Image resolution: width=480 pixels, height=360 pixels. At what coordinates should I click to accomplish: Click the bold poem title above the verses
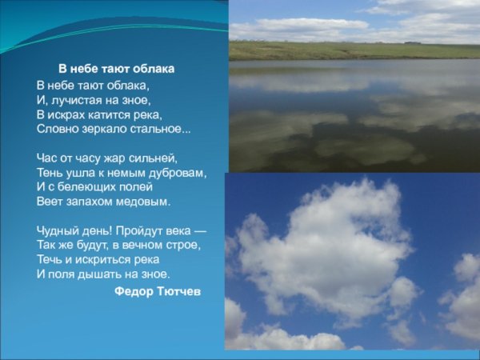[116, 69]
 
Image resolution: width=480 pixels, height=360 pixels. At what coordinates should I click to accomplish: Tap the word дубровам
[177, 172]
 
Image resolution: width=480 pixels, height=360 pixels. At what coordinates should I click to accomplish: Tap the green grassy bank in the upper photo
[352, 50]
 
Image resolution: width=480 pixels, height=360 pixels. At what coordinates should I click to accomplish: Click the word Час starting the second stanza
[47, 158]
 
